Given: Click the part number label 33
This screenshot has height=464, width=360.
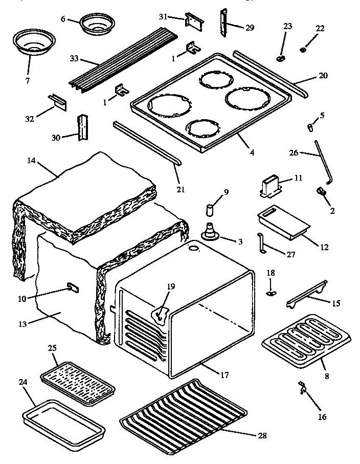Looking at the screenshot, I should pyautogui.click(x=74, y=58).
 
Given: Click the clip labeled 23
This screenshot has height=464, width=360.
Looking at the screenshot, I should pyautogui.click(x=281, y=58).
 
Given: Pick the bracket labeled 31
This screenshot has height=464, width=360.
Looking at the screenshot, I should pyautogui.click(x=194, y=20).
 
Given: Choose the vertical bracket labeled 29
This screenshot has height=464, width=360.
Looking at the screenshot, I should pyautogui.click(x=224, y=23).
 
